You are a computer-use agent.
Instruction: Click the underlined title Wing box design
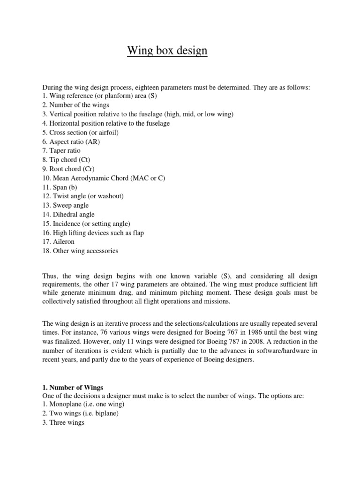point(167,51)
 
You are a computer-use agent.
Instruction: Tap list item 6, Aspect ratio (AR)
point(71,142)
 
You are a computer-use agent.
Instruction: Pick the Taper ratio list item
point(61,150)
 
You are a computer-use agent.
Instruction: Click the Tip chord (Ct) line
point(66,160)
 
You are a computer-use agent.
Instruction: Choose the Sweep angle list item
point(66,205)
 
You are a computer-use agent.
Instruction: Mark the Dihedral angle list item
point(68,214)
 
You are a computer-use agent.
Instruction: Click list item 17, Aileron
point(59,242)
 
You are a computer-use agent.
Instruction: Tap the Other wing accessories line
point(80,251)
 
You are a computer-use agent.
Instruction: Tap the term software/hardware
point(279,351)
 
